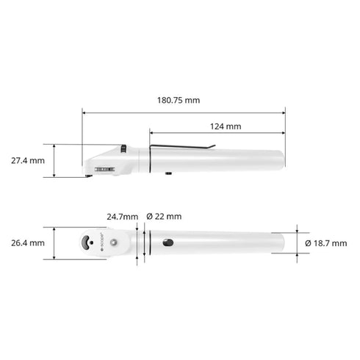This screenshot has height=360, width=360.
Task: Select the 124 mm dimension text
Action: (x=225, y=126)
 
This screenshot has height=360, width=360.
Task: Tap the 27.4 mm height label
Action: (x=27, y=160)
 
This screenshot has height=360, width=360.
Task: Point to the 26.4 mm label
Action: (x=27, y=242)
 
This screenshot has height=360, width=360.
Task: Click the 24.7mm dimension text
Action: (x=122, y=217)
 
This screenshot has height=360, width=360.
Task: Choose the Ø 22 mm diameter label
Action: (x=164, y=217)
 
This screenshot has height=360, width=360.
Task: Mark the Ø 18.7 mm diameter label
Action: (x=326, y=242)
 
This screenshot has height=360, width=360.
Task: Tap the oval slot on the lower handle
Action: (x=168, y=242)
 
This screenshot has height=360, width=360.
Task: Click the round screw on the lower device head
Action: (x=115, y=242)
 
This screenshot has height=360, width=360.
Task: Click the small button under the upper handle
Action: (x=168, y=174)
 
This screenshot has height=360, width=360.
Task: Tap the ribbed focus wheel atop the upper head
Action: (x=123, y=149)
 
